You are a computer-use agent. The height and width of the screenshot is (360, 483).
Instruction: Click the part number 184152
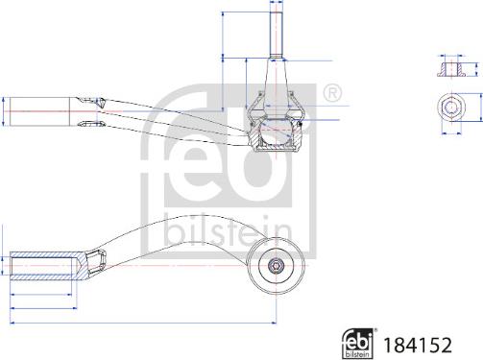pyautogui.click(x=418, y=345)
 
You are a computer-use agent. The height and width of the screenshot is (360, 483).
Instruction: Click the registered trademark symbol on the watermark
pyautogui.click(x=332, y=93)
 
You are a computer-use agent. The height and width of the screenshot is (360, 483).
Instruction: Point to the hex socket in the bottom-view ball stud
pyautogui.click(x=276, y=266)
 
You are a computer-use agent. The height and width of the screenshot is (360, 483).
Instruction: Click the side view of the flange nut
pyautogui.click(x=451, y=70)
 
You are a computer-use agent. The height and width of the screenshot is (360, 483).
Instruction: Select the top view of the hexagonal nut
pyautogui.click(x=451, y=107)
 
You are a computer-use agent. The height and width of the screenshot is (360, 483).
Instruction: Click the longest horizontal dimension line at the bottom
pyautogui.click(x=143, y=323)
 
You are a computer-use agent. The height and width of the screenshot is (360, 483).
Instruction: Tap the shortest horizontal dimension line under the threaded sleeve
pyautogui.click(x=41, y=295)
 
